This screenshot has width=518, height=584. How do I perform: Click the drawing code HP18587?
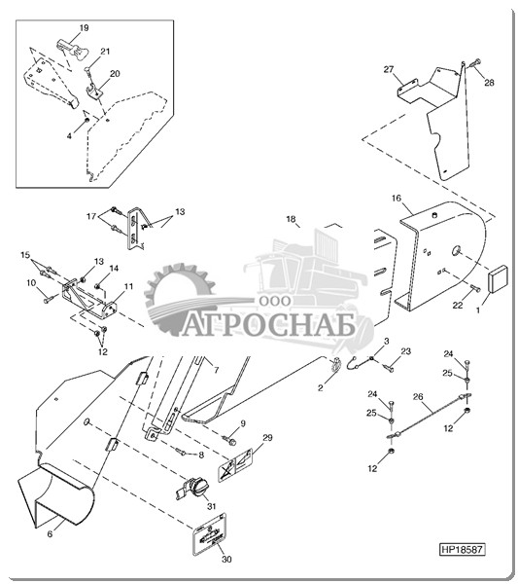coord(463,549)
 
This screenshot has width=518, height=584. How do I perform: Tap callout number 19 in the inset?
coord(84,27)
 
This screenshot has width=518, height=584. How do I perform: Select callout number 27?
coord(389,69)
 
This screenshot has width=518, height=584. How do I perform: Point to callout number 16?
coord(397,198)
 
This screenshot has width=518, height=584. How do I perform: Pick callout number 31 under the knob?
coord(211,506)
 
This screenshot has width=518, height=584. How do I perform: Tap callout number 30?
coord(226,560)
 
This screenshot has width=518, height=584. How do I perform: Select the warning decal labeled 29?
coord(235,465)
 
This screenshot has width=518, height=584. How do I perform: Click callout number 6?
coord(50,533)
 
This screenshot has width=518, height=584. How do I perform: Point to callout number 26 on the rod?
coord(418,397)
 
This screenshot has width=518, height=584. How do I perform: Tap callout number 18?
coord(291,219)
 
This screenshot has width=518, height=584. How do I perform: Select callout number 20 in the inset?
coord(115,73)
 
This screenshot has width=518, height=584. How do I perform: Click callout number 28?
coord(489,83)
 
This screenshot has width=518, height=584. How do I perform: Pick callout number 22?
coord(458,305)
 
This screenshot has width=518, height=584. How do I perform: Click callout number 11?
coord(128,286)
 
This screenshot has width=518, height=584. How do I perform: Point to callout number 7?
coord(216,371)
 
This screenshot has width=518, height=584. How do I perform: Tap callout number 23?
coord(405,351)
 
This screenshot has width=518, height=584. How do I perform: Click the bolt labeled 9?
coord(230,441)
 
